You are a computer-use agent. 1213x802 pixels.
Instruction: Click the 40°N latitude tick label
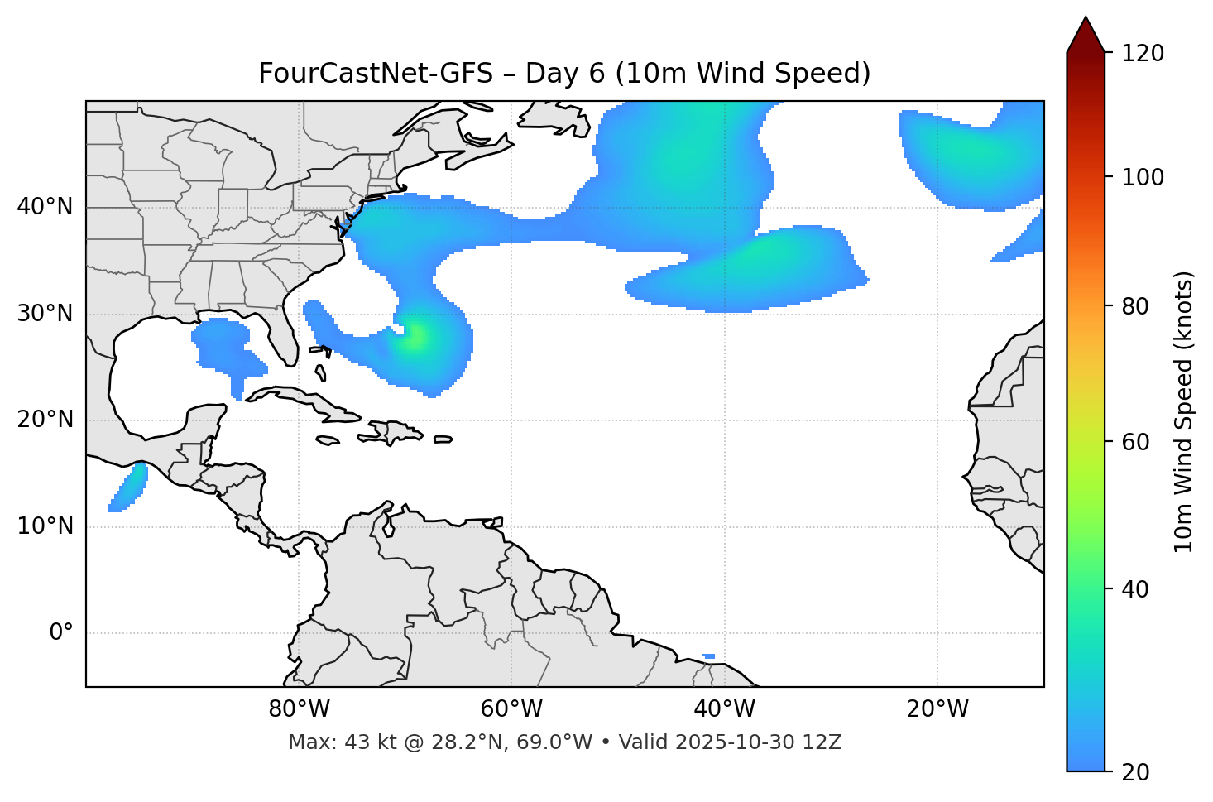coord(45,207)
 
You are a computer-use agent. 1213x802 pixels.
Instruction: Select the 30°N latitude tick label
coord(45,314)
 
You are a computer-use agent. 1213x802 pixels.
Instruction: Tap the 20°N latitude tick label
coord(45,420)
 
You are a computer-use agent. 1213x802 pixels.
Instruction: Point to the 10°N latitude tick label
coord(45,526)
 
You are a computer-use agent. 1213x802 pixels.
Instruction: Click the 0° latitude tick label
coord(60,633)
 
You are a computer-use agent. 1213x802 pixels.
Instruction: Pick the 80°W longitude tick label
coord(299,709)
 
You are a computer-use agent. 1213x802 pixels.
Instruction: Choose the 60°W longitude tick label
coord(511,709)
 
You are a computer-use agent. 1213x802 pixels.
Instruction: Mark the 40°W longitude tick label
coord(724,709)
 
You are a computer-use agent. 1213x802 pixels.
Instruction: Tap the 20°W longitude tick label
coord(937,709)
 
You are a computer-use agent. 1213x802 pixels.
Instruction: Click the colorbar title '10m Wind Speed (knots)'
coord(1183,411)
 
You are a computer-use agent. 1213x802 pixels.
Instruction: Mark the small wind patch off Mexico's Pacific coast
coord(129,487)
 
